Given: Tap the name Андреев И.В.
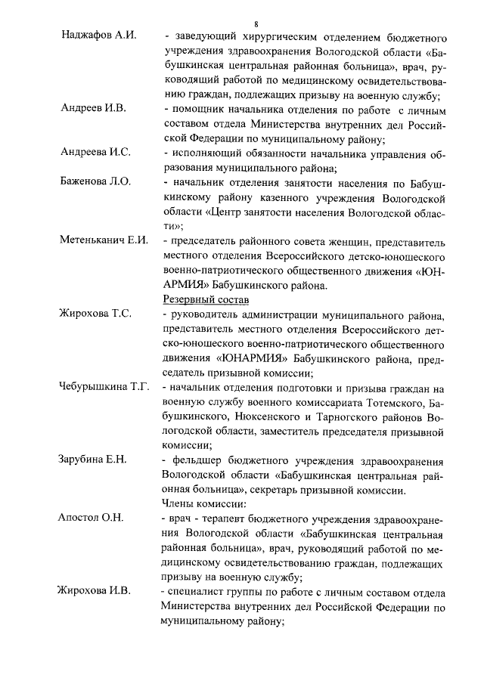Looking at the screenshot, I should pyautogui.click(x=93, y=109).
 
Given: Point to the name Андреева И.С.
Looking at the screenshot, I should pyautogui.click(x=95, y=152).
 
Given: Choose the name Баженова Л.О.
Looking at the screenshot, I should pyautogui.click(x=95, y=181).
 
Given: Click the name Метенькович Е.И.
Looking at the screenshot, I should pyautogui.click(x=104, y=240).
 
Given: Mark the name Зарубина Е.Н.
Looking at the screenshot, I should pyautogui.click(x=94, y=460).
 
